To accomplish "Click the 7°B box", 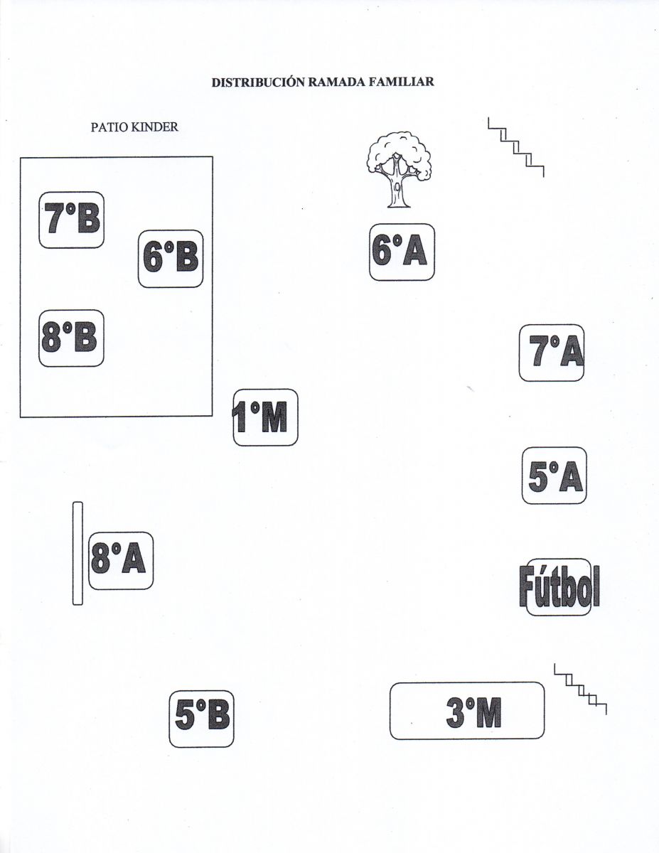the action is point(71,220).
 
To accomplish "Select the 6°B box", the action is point(171,259).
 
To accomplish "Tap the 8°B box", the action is point(71,338).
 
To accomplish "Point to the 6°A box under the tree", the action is point(402,252).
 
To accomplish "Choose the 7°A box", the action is point(552,353).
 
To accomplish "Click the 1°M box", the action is point(265,417).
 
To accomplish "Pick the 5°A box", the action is point(554,476).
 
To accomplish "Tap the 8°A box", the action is point(120,561).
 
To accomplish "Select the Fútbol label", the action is point(559,587).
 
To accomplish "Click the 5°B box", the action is point(201,719).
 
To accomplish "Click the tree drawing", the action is point(399,170).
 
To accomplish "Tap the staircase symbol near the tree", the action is point(515,147).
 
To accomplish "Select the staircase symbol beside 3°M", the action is point(580,690).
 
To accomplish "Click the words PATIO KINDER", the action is point(134,127).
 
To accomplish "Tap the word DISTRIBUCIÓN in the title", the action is point(259,82).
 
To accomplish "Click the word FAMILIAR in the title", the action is point(401,82).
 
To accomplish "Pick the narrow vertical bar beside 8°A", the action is point(77,553).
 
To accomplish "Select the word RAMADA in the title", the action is point(337,82).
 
